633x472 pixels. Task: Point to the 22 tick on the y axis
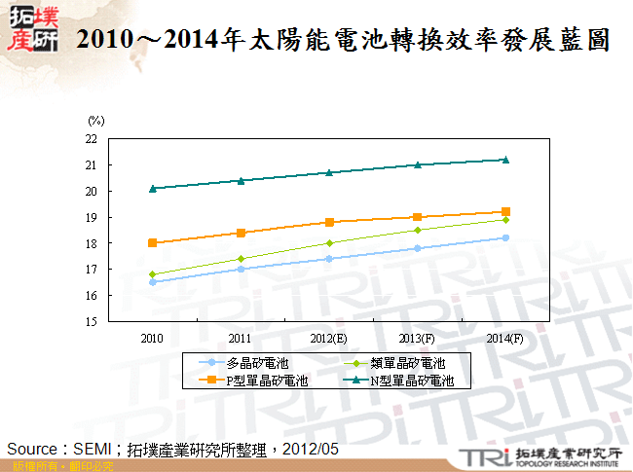coord(91,139)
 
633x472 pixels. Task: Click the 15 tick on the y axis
coord(91,321)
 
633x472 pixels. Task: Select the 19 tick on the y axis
coord(91,217)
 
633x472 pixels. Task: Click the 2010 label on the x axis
coord(152,338)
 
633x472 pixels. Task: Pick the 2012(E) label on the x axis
coord(329,338)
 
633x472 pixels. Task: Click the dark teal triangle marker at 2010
coord(153,188)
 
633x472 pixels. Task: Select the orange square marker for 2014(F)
coord(505,211)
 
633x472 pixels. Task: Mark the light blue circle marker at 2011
coord(241,269)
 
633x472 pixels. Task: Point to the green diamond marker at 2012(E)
coord(329,243)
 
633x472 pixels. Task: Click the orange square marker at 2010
coord(153,243)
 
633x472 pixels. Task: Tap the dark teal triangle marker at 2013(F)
coord(417,164)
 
